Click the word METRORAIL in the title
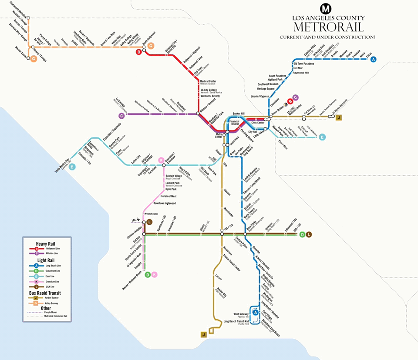click(328, 27)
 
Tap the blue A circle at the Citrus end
click(373, 60)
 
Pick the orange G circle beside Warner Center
click(33, 59)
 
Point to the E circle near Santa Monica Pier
click(72, 167)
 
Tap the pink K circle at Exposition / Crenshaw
click(161, 160)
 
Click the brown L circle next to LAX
click(149, 222)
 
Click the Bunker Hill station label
click(239, 113)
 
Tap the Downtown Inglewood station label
click(164, 203)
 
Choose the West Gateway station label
click(241, 314)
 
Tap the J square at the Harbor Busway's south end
click(202, 334)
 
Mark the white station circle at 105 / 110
click(222, 234)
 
